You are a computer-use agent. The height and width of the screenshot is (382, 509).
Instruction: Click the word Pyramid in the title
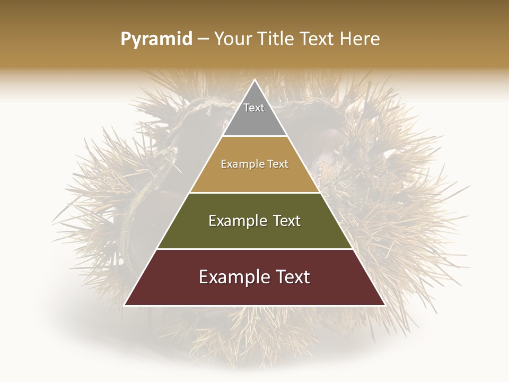click(x=156, y=39)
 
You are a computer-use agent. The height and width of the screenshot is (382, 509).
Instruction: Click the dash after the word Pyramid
click(x=203, y=39)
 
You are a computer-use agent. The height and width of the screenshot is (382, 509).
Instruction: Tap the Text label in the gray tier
click(x=254, y=108)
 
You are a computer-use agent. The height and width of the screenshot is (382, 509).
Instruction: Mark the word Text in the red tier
click(x=293, y=277)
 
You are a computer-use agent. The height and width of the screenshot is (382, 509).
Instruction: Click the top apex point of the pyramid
click(x=254, y=80)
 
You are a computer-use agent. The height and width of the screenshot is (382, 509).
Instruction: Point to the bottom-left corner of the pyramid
click(x=125, y=305)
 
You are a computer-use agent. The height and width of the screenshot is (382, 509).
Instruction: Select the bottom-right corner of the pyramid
click(x=384, y=305)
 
